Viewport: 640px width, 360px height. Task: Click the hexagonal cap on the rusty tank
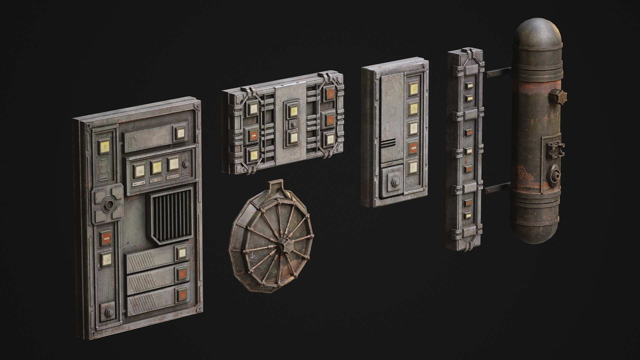pyautogui.click(x=556, y=97)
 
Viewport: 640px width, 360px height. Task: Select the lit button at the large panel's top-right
pyautogui.click(x=180, y=133)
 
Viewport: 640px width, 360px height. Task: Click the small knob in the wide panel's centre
pyautogui.click(x=293, y=124)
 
